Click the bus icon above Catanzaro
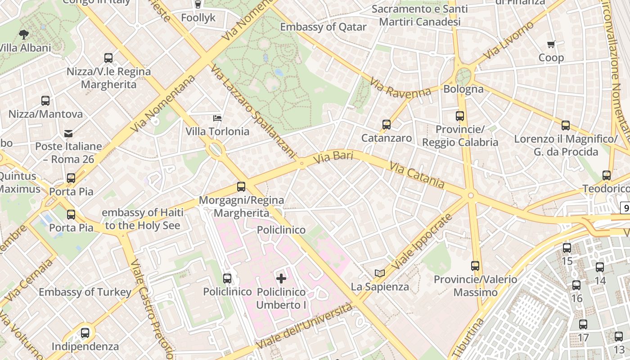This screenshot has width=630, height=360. pyautogui.click(x=386, y=125)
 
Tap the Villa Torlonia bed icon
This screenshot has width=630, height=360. pyautogui.click(x=217, y=118)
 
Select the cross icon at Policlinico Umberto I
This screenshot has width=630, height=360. pyautogui.click(x=281, y=279)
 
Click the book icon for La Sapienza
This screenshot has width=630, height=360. pyautogui.click(x=380, y=273)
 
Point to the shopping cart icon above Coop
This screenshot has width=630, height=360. pyautogui.click(x=551, y=44)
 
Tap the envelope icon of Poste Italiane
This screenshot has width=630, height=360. pyautogui.click(x=68, y=133)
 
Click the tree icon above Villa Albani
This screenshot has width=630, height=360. pyautogui.click(x=23, y=34)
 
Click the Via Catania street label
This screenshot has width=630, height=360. pyautogui.click(x=417, y=175)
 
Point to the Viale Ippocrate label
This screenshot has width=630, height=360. pyautogui.click(x=421, y=243)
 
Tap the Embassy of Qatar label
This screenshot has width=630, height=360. pyautogui.click(x=323, y=27)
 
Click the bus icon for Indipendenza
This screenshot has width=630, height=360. pyautogui.click(x=85, y=333)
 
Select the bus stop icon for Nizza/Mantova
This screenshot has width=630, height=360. pyautogui.click(x=45, y=101)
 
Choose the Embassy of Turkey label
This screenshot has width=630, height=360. pyautogui.click(x=85, y=292)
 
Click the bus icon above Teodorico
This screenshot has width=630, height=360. pyautogui.click(x=607, y=175)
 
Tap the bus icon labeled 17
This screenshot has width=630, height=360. pyautogui.click(x=583, y=324)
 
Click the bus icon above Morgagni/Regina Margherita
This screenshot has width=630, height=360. pyautogui.click(x=241, y=186)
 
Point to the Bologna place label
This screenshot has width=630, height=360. pyautogui.click(x=463, y=89)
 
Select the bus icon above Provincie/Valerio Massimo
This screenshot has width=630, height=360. pyautogui.click(x=475, y=266)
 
